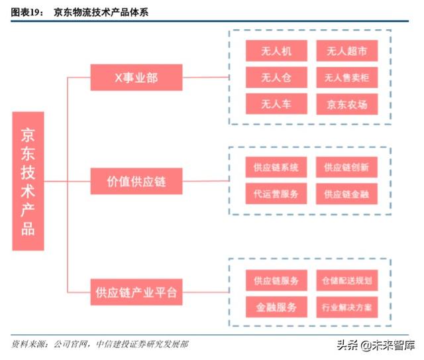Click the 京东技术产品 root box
coord(28,180)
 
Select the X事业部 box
coord(136,78)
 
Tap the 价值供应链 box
coord(136,181)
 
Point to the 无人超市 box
coord(346,51)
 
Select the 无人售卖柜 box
coord(346,77)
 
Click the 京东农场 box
coord(346,103)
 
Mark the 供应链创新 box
coord(346,167)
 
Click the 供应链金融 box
coord(346,194)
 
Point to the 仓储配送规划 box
coord(346,280)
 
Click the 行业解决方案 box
coord(346,306)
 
